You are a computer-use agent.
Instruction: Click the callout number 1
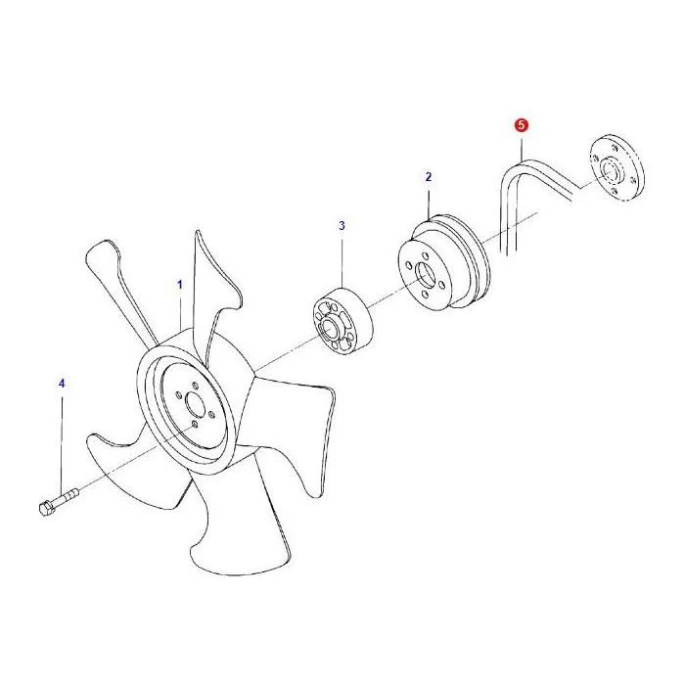coord(179,285)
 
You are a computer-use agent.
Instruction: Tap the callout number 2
coord(429,177)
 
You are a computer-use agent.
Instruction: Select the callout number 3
coord(342,226)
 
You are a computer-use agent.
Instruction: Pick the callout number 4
coord(62,384)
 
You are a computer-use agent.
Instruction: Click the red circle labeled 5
coord(522,125)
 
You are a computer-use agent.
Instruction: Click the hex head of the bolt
coord(45,509)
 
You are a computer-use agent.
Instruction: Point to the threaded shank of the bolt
coord(66,497)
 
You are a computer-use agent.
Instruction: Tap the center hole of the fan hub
coord(196,404)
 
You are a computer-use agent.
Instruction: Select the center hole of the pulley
coord(425,276)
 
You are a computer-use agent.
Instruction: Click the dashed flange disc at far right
coord(617,167)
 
